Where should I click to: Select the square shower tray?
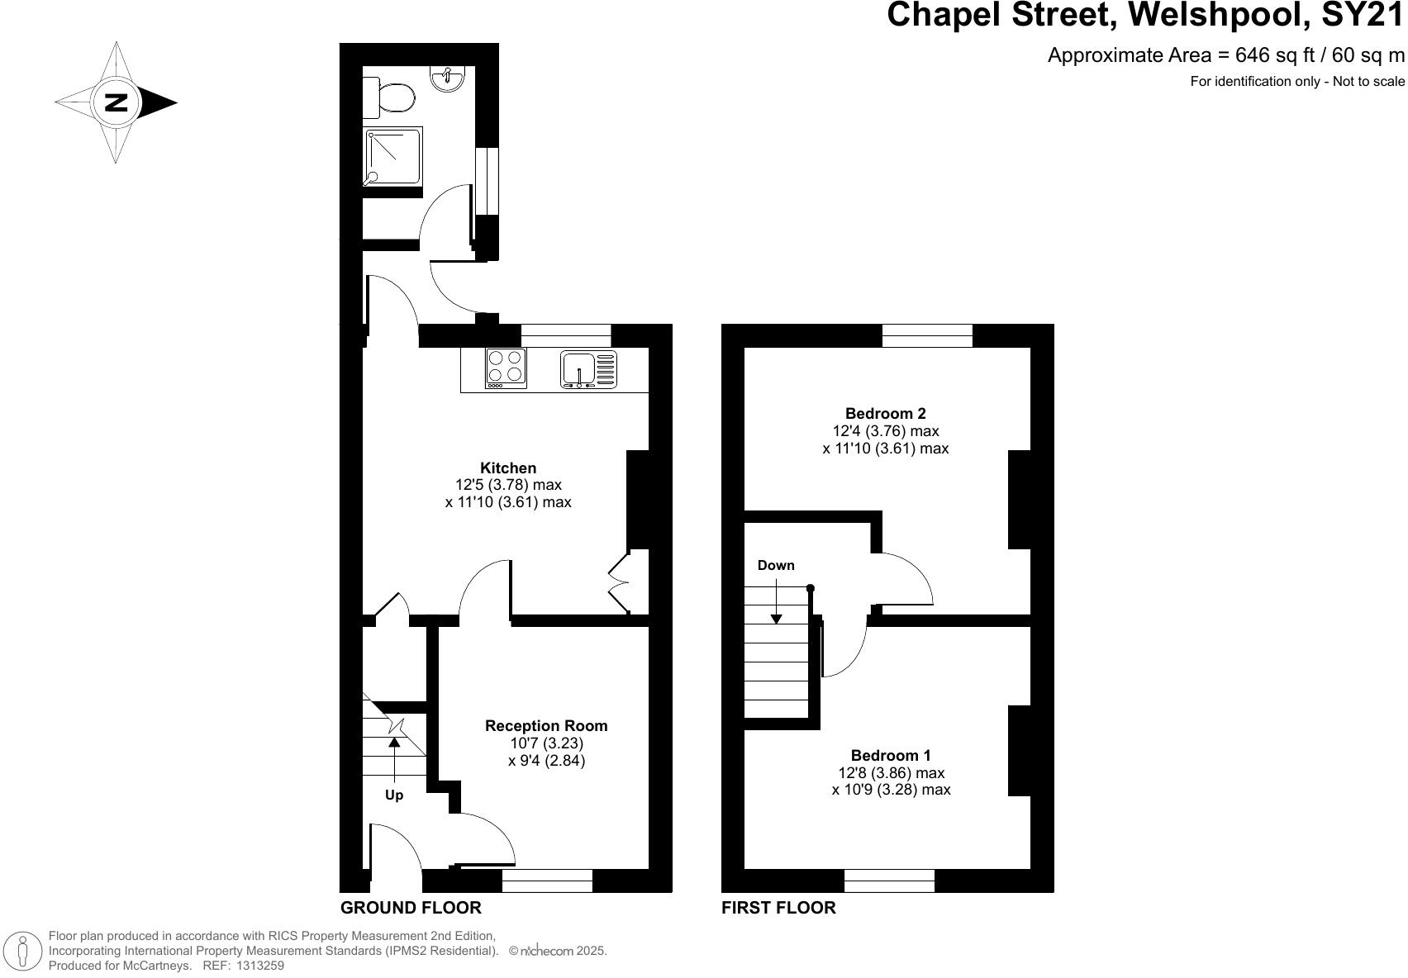394,157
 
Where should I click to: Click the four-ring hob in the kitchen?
506,368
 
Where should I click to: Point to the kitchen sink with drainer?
588,368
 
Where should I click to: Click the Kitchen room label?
508,468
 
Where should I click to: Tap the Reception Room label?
546,726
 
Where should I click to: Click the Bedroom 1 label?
891,755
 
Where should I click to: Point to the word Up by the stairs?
394,795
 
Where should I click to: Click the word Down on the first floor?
776,566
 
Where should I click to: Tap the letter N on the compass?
116,103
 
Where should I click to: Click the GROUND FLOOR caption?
411,908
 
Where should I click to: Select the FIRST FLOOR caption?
778,908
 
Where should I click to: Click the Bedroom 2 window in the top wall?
927,335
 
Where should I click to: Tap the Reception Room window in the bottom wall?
547,881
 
